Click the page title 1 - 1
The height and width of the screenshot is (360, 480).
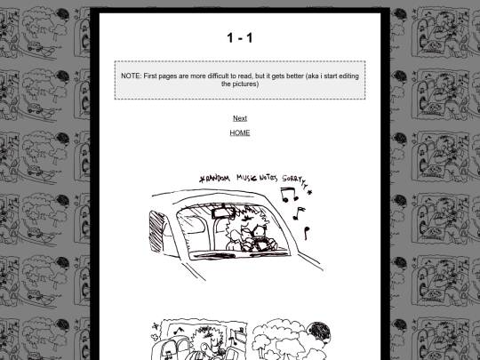coord(240,38)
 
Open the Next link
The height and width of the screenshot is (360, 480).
coord(240,118)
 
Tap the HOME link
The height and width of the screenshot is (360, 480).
coord(240,132)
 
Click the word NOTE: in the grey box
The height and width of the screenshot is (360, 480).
coord(132,76)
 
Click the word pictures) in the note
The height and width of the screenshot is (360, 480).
coord(240,84)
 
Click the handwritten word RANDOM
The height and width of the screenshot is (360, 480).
coord(218,178)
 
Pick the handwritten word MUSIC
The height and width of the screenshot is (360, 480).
coord(247,178)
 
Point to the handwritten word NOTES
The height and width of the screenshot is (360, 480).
coord(268,178)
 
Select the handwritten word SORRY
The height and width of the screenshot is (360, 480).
coord(292,178)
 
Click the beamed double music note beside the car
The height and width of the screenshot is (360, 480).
coord(289,195)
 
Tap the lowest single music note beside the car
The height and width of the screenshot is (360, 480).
coord(307,233)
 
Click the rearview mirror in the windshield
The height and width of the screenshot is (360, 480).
coord(222,212)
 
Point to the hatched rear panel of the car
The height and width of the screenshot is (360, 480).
coord(156,232)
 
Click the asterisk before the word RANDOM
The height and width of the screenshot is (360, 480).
coord(202,179)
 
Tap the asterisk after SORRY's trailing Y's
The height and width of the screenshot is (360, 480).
coord(310,192)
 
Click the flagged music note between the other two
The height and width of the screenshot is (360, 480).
coord(299,213)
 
